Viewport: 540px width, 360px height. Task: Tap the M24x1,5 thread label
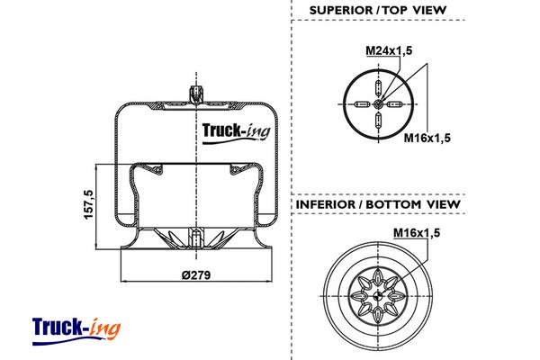coord(388,50)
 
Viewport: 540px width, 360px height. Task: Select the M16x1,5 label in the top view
coord(427,137)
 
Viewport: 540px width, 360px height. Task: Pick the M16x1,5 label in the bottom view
coord(415,234)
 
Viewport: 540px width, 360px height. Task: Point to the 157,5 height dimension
coord(88,206)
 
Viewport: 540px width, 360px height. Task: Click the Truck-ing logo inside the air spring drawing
coord(233,131)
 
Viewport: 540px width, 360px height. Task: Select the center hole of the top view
coord(379,105)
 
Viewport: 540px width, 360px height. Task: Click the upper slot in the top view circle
coord(379,88)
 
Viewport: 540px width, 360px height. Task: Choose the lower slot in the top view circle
coord(379,123)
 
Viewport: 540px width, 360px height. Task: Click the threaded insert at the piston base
coord(195,240)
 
